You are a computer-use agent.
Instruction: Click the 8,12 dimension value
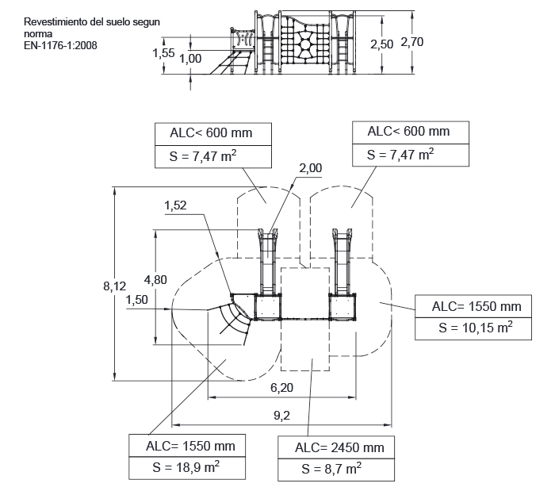tap(114, 286)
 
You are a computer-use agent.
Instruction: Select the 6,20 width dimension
tap(281, 388)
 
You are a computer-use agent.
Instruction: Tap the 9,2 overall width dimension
tap(281, 415)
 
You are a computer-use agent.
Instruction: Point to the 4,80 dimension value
tap(155, 280)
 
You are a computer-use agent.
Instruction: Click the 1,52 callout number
tap(175, 205)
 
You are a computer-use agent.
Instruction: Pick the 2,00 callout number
tap(311, 168)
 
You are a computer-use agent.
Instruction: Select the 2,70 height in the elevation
tap(412, 42)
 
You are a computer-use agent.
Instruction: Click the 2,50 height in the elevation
tap(382, 44)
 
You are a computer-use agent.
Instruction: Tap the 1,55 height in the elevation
tap(163, 53)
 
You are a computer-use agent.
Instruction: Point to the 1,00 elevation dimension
tap(190, 59)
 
